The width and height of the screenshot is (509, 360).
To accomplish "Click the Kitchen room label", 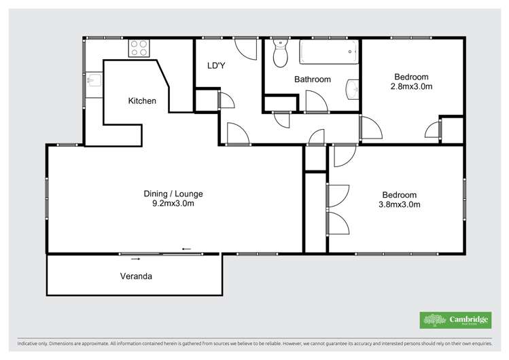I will [142, 101].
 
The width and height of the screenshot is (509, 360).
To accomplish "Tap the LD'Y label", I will [217, 66].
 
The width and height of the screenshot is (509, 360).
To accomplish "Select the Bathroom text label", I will [312, 79].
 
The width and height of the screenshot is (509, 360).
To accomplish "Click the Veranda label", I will [136, 276].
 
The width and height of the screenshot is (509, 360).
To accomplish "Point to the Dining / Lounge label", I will [173, 194].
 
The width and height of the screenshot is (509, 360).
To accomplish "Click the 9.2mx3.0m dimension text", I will [173, 204].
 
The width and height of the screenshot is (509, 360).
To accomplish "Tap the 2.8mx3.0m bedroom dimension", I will [411, 86].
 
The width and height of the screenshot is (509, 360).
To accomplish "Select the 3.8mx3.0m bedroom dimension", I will [399, 204].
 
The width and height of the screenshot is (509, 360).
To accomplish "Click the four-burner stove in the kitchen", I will [139, 48].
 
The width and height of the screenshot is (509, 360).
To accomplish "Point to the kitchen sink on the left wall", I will [92, 83].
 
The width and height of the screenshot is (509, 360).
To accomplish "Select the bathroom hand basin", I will [351, 89].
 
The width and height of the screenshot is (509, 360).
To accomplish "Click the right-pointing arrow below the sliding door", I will [136, 259].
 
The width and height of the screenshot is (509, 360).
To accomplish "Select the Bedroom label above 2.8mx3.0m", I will [410, 76].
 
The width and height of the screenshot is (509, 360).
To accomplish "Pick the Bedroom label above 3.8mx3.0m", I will [399, 194].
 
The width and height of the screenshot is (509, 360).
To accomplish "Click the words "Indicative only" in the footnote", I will [37, 344].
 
